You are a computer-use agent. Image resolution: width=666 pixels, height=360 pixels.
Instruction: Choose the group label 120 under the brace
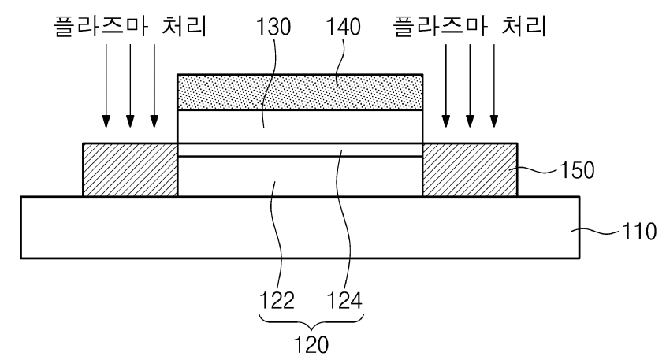pos(311,345)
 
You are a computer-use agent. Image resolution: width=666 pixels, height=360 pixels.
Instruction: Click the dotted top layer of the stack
pos(300,92)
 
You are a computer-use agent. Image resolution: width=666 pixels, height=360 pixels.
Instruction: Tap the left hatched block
pos(130,169)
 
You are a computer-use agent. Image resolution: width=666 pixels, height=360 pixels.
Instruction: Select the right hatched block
pos(470,169)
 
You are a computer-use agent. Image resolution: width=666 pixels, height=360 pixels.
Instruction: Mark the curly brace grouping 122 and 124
pos(311,320)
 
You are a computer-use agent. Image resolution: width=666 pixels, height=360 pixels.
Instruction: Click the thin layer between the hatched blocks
pos(300,150)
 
